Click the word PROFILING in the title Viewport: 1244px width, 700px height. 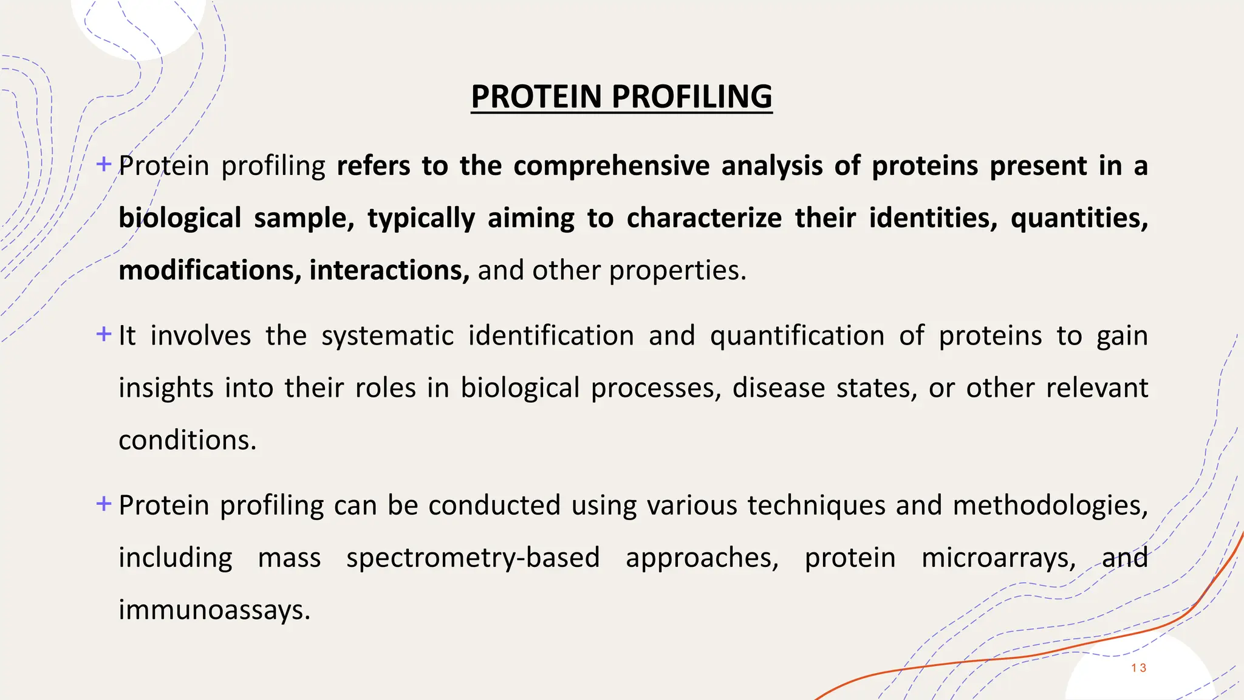[692, 97]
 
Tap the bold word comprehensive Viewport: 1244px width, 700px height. [611, 166]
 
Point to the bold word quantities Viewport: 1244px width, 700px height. [1079, 218]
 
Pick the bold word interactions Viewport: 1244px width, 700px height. [389, 270]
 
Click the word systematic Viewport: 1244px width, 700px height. [388, 336]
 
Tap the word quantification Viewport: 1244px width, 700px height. [797, 336]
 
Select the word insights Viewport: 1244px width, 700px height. [166, 388]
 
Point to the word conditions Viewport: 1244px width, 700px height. [187, 441]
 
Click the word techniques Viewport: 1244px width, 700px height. [816, 506]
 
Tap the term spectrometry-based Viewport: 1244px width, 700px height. [473, 558]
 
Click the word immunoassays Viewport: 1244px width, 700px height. [214, 610]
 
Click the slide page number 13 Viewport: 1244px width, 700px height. [1138, 668]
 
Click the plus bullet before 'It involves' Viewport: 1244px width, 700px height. [104, 334]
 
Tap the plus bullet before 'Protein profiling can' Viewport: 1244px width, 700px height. [104, 503]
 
